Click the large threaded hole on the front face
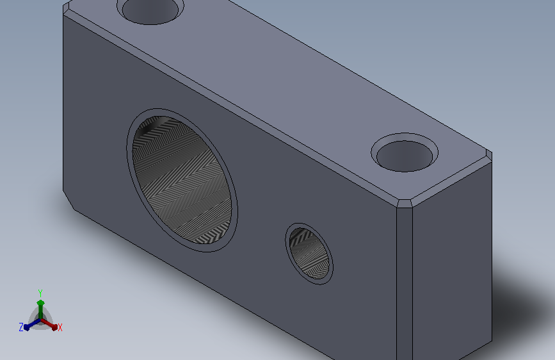[182, 180]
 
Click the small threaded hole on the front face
[309, 254]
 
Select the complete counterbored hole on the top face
[405, 152]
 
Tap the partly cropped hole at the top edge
[150, 12]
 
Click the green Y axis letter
[40, 293]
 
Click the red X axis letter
[60, 328]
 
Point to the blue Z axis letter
[21, 327]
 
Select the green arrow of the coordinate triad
[41, 309]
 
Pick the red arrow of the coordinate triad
[49, 324]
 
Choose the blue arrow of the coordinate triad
[32, 324]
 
